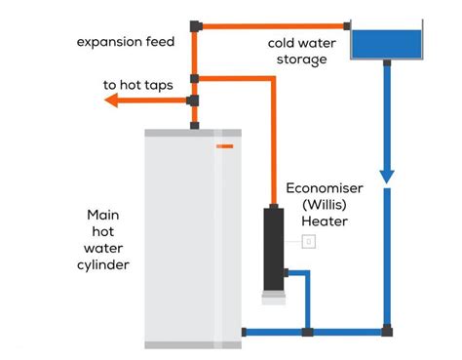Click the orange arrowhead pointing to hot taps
tap(111, 100)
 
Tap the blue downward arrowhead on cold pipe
tap(387, 177)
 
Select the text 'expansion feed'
tap(126, 42)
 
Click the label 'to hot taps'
tap(138, 85)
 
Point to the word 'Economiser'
tap(325, 188)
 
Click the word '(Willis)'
tap(325, 205)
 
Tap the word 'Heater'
tap(325, 221)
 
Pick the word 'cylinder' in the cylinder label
tap(103, 265)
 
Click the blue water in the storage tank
tap(387, 44)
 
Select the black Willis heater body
tap(274, 250)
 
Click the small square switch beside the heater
tap(309, 242)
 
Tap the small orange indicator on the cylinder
tap(225, 146)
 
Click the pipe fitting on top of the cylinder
tap(194, 126)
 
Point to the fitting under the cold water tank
tap(387, 62)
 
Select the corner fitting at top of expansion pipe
tap(196, 26)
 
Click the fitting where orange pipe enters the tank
tap(347, 26)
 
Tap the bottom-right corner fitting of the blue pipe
tap(387, 331)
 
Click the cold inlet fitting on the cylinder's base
tap(244, 332)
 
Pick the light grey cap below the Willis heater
tap(274, 298)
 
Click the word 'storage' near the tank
tap(302, 60)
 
